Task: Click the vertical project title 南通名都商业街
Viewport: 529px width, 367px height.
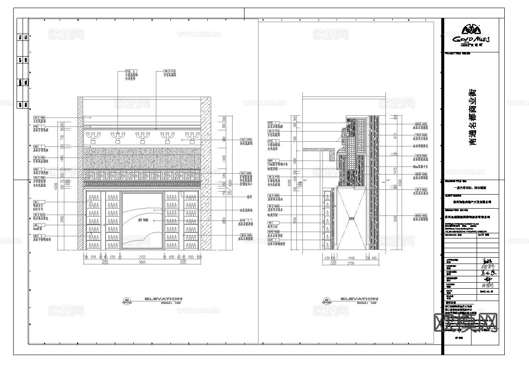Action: click(473, 117)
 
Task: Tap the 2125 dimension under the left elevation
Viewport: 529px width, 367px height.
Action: click(142, 257)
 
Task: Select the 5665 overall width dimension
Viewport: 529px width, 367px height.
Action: click(142, 262)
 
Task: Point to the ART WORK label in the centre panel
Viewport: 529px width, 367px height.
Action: click(143, 221)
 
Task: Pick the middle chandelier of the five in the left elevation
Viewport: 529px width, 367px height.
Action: click(142, 137)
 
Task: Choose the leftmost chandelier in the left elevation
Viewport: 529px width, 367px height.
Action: click(93, 137)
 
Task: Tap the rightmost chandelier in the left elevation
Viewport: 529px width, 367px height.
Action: click(192, 137)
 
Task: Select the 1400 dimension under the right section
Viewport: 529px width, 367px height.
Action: click(351, 258)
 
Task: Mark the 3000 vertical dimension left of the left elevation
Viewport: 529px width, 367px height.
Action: click(62, 219)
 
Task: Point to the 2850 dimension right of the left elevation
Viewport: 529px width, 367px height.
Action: click(224, 220)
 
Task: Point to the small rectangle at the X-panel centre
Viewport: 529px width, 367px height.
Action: click(351, 218)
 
